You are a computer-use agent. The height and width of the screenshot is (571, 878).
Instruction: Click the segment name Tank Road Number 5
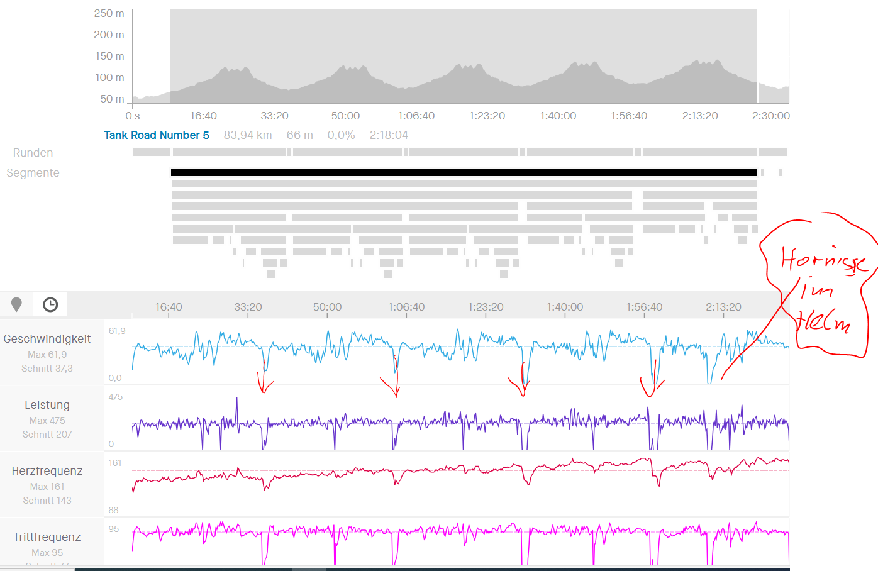[x=157, y=135]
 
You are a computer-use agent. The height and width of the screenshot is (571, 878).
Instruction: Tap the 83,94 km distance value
[x=248, y=135]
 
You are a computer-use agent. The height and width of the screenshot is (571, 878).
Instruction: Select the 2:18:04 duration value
[x=389, y=135]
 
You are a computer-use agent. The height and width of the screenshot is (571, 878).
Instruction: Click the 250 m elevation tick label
[x=109, y=13]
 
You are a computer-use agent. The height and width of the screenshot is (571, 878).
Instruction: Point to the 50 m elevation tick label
[x=112, y=99]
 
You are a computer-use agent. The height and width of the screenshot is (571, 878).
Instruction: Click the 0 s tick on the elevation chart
[x=133, y=116]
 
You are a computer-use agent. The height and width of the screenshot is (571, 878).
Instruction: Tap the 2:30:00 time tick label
[x=770, y=116]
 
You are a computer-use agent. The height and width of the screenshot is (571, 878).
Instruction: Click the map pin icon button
[x=17, y=305]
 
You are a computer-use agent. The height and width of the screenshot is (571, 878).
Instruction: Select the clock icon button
[x=50, y=305]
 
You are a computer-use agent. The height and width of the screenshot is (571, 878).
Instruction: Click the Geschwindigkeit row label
[x=47, y=339]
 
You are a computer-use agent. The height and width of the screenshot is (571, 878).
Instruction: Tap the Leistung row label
[x=47, y=405]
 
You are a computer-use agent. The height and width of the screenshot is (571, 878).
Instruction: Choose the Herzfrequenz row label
[x=47, y=471]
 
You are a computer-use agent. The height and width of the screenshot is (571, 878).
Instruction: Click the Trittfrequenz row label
[x=47, y=537]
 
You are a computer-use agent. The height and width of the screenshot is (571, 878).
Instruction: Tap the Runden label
[x=33, y=153]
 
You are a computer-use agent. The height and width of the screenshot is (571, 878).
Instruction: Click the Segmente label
[x=33, y=173]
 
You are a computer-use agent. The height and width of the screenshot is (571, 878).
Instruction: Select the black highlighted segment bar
[x=464, y=172]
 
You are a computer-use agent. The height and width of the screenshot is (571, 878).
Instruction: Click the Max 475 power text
[x=47, y=420]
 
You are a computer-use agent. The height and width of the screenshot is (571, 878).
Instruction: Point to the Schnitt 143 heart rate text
[x=47, y=501]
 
